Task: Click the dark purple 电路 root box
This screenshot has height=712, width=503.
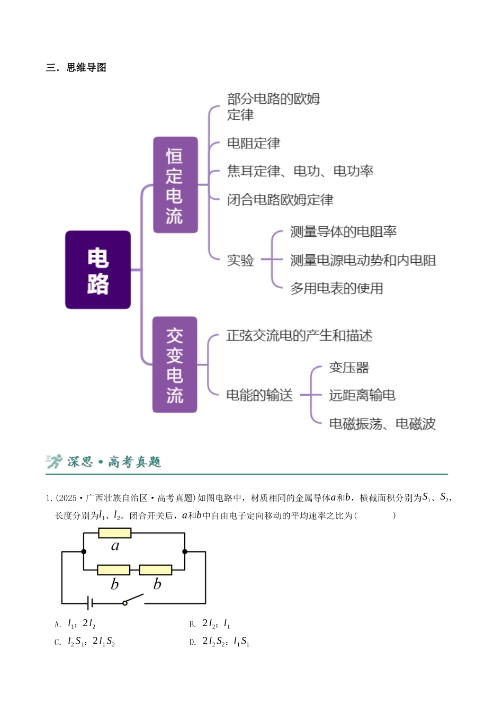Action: pyautogui.click(x=98, y=270)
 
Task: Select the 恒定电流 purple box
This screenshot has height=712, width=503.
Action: pyautogui.click(x=175, y=185)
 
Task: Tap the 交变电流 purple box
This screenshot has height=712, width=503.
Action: pyautogui.click(x=175, y=364)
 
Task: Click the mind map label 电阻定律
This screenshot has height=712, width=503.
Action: pyautogui.click(x=254, y=144)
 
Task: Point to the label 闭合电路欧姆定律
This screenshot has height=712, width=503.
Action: pyautogui.click(x=280, y=200)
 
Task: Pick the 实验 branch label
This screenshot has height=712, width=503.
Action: pyautogui.click(x=240, y=260)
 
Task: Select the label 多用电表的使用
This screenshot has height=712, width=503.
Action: pyautogui.click(x=337, y=288)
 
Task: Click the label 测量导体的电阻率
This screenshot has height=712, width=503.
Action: pyautogui.click(x=343, y=232)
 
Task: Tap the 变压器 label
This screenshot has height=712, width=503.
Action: pyautogui.click(x=349, y=368)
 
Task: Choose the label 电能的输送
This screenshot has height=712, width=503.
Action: pyautogui.click(x=259, y=395)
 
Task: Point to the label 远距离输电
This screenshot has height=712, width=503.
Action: pyautogui.click(x=362, y=395)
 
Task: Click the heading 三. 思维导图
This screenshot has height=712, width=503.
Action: pyautogui.click(x=76, y=67)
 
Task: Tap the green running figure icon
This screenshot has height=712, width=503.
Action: pyautogui.click(x=54, y=461)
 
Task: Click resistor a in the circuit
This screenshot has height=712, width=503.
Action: pyautogui.click(x=115, y=533)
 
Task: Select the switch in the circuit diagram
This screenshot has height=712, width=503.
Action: pyautogui.click(x=133, y=599)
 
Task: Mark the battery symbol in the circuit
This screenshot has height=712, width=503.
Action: pyautogui.click(x=90, y=603)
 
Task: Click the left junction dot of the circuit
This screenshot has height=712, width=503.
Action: pyautogui.click(x=84, y=551)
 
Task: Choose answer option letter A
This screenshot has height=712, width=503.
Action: pyautogui.click(x=57, y=625)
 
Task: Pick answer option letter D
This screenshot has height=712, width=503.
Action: pyautogui.click(x=192, y=643)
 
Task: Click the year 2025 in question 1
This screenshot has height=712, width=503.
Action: pyautogui.click(x=67, y=498)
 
